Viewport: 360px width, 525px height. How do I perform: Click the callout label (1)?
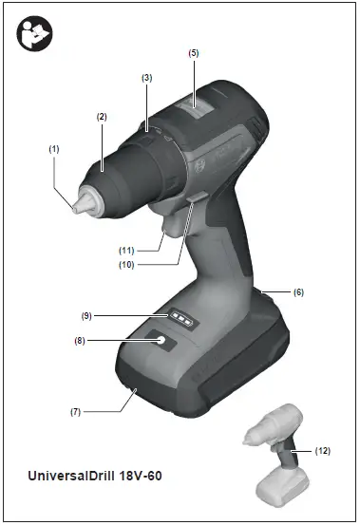point(54,148)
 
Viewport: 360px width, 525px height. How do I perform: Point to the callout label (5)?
point(194,53)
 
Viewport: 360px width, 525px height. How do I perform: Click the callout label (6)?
point(298,292)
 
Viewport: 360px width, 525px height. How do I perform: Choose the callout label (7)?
point(75,411)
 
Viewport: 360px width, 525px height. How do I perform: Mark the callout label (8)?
point(80,339)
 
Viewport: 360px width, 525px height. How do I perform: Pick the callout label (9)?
point(85,314)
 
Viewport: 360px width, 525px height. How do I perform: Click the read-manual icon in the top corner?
point(35,35)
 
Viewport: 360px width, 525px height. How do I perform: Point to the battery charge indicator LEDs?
point(181,321)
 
